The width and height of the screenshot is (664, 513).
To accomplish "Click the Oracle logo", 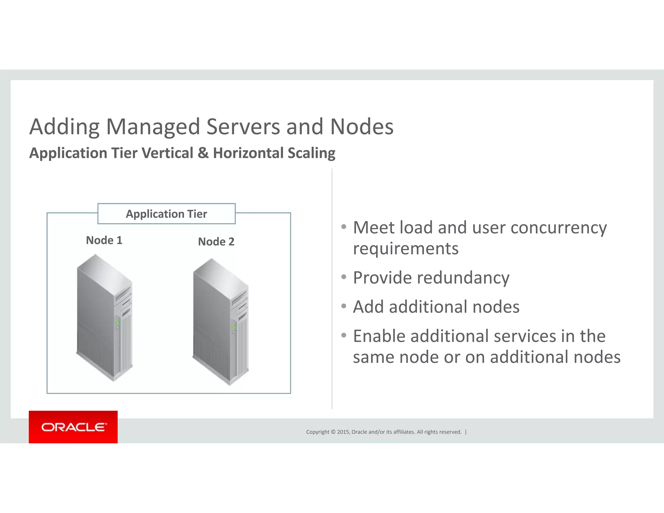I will [73, 427].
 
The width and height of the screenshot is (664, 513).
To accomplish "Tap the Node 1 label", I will [104, 240].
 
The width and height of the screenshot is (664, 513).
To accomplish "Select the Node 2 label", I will [216, 242].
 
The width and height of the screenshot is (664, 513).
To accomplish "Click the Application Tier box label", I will [166, 214].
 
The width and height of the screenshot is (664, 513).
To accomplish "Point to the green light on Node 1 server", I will [118, 323].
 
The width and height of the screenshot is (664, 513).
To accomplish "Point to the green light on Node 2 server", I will [234, 327].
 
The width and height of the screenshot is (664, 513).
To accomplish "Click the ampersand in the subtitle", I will [203, 153].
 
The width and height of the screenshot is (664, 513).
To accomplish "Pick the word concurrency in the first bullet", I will [558, 228].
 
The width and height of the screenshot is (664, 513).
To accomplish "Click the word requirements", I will [406, 249].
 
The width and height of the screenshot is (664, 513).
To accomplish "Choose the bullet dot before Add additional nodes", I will [344, 306].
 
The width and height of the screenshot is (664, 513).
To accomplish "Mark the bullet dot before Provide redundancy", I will [344, 277].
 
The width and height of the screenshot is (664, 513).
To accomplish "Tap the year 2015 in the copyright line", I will [343, 432].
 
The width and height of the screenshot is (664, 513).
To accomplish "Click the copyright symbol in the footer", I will [333, 432].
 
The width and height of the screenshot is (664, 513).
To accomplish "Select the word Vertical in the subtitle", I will [167, 153].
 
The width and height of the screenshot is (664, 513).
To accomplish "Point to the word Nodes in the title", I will [362, 126].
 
